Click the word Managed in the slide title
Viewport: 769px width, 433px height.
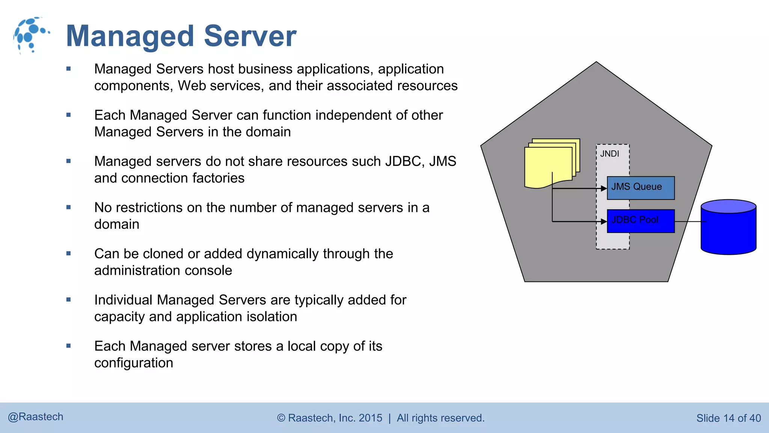(x=130, y=36)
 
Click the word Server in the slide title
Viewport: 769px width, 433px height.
(x=250, y=36)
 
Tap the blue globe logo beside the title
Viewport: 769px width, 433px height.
(x=31, y=35)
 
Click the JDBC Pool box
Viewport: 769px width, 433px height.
(x=641, y=221)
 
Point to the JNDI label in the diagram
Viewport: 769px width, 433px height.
(x=609, y=154)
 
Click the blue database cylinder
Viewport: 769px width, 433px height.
(x=728, y=227)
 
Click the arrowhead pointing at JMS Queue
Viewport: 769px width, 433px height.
(x=604, y=188)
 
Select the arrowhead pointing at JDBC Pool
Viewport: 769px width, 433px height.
(x=604, y=221)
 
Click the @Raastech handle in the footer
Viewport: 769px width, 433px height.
(x=36, y=417)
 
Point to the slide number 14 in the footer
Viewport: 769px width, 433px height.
(x=728, y=418)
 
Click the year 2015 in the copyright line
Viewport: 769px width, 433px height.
(x=370, y=418)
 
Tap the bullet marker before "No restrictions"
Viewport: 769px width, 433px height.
(x=68, y=207)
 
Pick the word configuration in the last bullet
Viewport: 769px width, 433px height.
(x=134, y=363)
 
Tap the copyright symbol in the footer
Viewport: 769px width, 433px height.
(x=281, y=418)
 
